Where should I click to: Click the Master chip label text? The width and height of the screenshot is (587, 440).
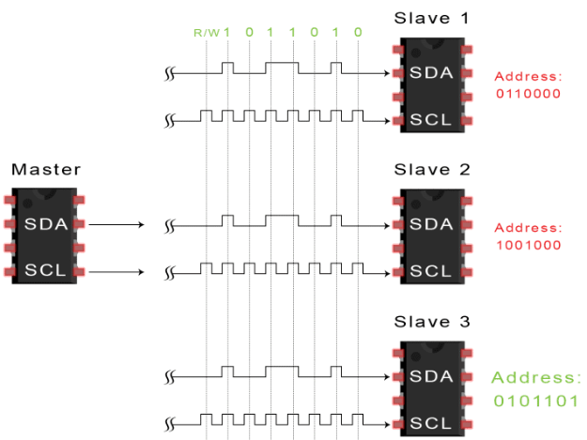click(46, 170)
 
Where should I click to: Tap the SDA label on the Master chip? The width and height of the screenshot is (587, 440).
click(46, 224)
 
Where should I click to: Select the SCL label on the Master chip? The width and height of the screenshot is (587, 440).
click(46, 271)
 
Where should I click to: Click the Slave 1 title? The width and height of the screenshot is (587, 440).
click(431, 18)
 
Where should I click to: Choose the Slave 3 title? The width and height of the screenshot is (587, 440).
click(431, 323)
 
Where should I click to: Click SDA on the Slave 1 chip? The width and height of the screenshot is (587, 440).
click(431, 72)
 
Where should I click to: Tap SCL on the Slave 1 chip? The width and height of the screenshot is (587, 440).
click(431, 119)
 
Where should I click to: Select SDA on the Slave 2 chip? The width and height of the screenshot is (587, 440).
click(431, 224)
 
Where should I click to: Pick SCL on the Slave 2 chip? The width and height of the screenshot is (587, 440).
click(431, 271)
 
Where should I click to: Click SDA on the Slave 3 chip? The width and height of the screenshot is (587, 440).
click(431, 376)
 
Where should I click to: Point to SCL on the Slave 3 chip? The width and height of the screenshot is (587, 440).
click(431, 423)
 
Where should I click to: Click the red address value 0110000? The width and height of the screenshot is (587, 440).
click(529, 94)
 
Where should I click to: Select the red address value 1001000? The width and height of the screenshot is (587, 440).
click(529, 246)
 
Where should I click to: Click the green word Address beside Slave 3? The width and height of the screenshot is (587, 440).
click(536, 377)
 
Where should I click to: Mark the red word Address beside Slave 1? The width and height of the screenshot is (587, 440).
click(529, 75)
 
